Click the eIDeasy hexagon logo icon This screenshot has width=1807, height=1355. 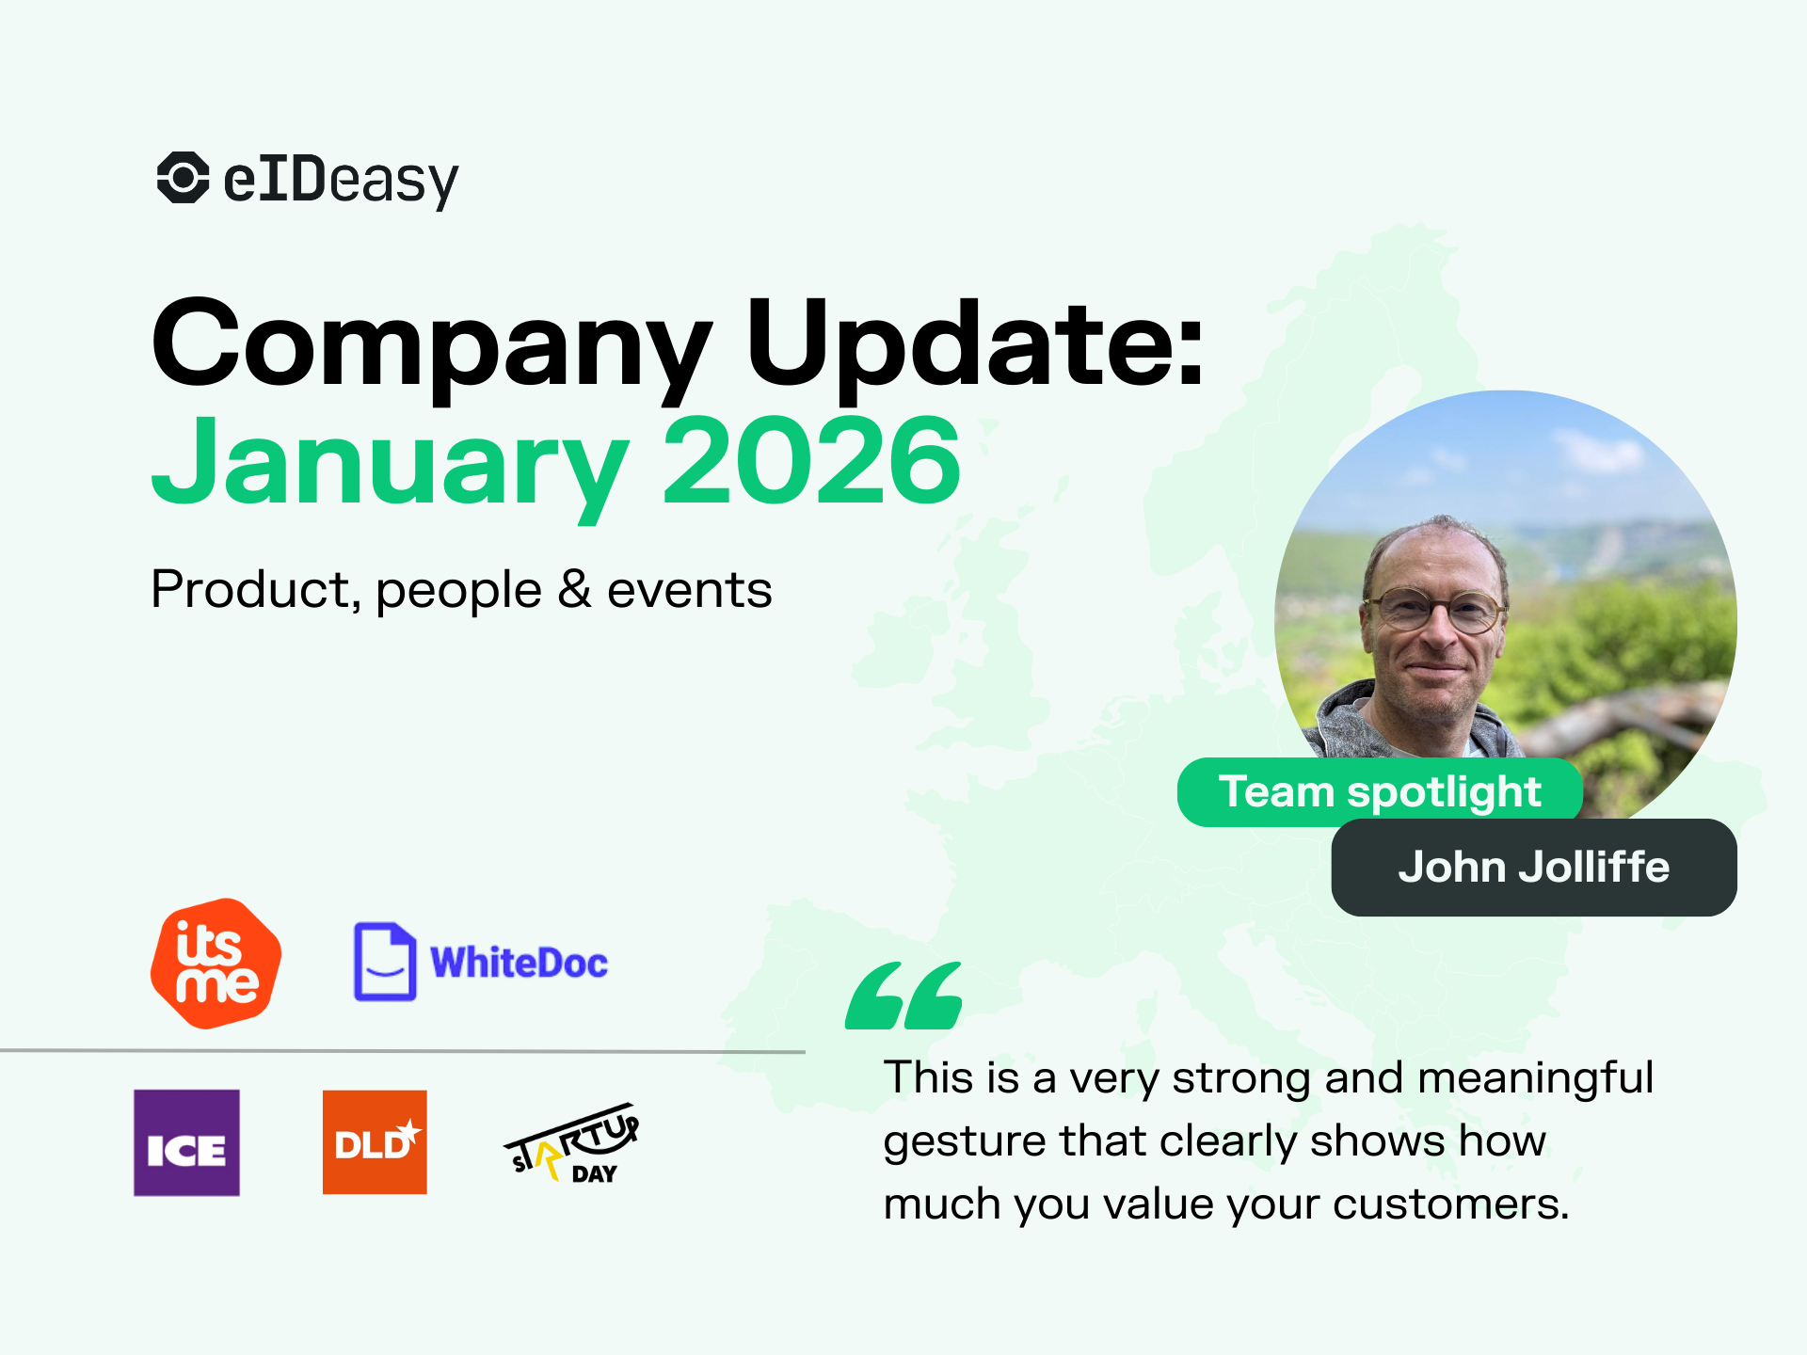click(183, 177)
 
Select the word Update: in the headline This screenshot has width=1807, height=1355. click(974, 343)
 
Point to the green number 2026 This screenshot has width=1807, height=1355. click(811, 461)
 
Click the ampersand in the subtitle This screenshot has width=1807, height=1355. click(574, 590)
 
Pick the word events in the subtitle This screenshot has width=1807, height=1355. click(689, 591)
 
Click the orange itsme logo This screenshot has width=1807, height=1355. click(216, 963)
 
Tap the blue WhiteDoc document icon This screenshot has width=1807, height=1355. click(384, 961)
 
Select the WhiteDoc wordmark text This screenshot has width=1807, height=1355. click(519, 963)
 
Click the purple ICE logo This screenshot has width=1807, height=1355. click(186, 1142)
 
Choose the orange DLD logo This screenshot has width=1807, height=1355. click(375, 1142)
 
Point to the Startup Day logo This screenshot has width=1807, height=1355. click(572, 1143)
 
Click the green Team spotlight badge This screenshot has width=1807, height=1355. click(1379, 791)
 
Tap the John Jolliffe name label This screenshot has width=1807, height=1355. click(1533, 867)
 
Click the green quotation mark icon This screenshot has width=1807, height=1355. click(903, 996)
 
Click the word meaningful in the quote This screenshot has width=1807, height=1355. click(1535, 1077)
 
